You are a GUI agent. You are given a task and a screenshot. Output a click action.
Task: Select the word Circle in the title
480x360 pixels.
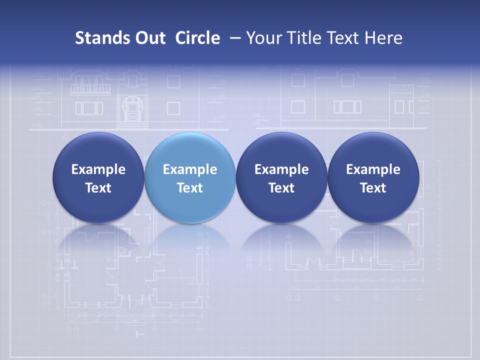click(x=197, y=38)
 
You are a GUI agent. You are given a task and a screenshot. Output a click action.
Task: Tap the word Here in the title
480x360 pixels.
click(x=383, y=38)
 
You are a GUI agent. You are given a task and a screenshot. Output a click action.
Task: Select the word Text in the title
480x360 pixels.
click(x=342, y=38)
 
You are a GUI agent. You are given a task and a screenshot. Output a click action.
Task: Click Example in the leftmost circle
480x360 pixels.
click(x=98, y=169)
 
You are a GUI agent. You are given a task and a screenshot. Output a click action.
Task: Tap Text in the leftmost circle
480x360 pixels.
click(x=98, y=188)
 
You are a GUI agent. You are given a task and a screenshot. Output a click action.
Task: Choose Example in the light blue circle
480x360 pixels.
click(x=190, y=169)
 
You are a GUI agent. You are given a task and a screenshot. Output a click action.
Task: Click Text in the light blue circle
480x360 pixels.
click(x=190, y=188)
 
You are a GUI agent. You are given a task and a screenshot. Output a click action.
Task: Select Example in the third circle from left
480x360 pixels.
click(x=281, y=169)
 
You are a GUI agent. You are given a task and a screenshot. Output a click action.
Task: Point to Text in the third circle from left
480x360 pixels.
click(x=281, y=188)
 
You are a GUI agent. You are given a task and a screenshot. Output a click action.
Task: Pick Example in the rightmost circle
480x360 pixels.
click(x=373, y=169)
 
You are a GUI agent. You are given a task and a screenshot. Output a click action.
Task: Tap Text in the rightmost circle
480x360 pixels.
click(x=373, y=188)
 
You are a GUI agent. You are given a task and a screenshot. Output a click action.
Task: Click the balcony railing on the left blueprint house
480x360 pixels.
click(x=90, y=89)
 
